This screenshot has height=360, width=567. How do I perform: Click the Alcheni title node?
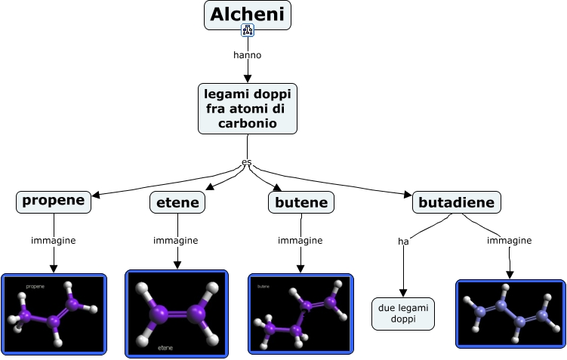(247, 14)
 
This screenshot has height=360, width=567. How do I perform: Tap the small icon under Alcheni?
(248, 30)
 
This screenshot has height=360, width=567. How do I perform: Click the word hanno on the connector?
(248, 54)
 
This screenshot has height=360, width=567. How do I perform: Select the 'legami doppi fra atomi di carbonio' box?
(247, 108)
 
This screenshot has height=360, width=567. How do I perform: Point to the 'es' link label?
(246, 162)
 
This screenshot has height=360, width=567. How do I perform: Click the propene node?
(54, 201)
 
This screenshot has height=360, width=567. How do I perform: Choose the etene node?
(177, 202)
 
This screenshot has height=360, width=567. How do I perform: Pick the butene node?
(301, 202)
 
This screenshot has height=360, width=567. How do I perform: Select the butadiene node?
(456, 202)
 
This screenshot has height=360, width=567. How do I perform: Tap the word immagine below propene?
(54, 241)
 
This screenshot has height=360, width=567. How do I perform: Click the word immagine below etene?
(176, 241)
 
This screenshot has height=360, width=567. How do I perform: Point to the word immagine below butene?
(300, 241)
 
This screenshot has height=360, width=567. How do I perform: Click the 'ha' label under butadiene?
(403, 242)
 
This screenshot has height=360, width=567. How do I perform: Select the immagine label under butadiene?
(509, 241)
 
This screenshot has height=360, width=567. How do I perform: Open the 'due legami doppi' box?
(403, 314)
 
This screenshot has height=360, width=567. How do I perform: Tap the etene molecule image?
(176, 312)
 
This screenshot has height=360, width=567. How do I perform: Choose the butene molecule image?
(300, 314)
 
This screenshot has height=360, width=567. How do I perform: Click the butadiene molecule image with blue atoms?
(510, 314)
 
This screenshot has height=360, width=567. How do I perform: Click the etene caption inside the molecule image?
(165, 348)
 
